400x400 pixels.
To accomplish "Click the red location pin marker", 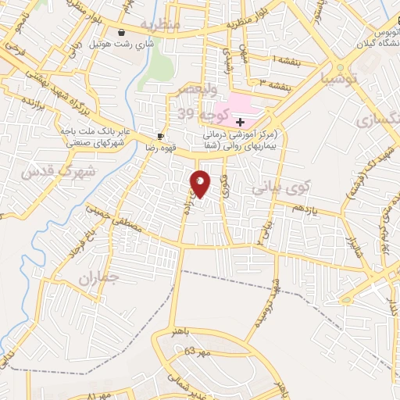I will (200, 184).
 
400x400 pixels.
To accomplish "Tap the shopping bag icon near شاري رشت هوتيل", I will (122, 32).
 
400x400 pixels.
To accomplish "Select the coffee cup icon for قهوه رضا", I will (160, 135).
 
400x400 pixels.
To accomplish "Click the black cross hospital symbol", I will (240, 122).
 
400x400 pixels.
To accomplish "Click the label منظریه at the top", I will (162, 25).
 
